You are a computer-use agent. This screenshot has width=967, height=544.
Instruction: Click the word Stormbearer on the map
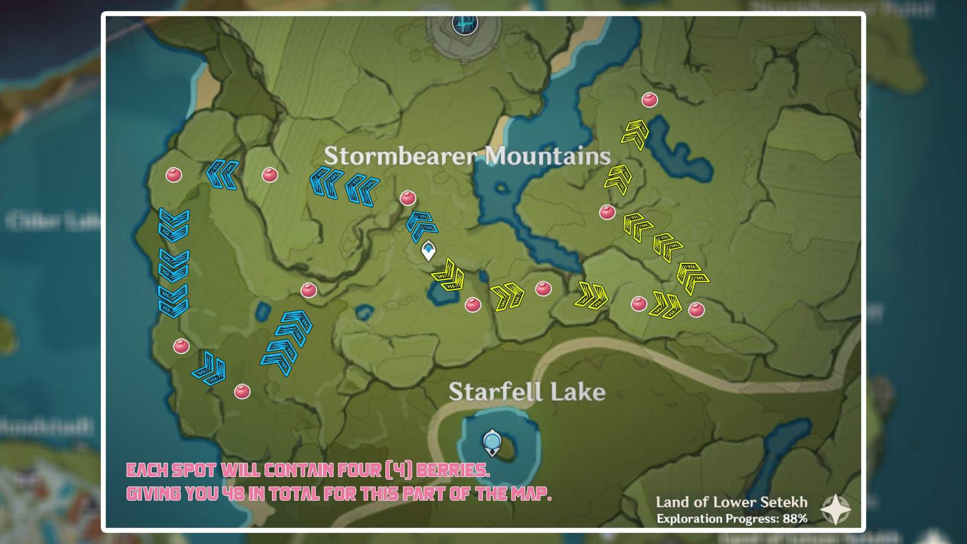(400, 156)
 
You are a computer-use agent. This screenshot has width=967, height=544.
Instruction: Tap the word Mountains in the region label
(547, 156)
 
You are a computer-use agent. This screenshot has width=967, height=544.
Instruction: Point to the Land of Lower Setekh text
(731, 502)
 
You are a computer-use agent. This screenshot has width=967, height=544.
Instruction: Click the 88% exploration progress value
(795, 518)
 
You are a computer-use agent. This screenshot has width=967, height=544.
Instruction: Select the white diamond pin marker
(429, 251)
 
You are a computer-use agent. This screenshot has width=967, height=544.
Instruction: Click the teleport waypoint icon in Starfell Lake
(492, 442)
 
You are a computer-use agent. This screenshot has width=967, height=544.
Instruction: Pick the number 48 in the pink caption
(233, 493)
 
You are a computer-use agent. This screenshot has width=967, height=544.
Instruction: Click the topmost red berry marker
(649, 100)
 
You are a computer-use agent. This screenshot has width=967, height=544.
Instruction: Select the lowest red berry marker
(242, 391)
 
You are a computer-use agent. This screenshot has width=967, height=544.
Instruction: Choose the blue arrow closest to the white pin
(421, 225)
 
